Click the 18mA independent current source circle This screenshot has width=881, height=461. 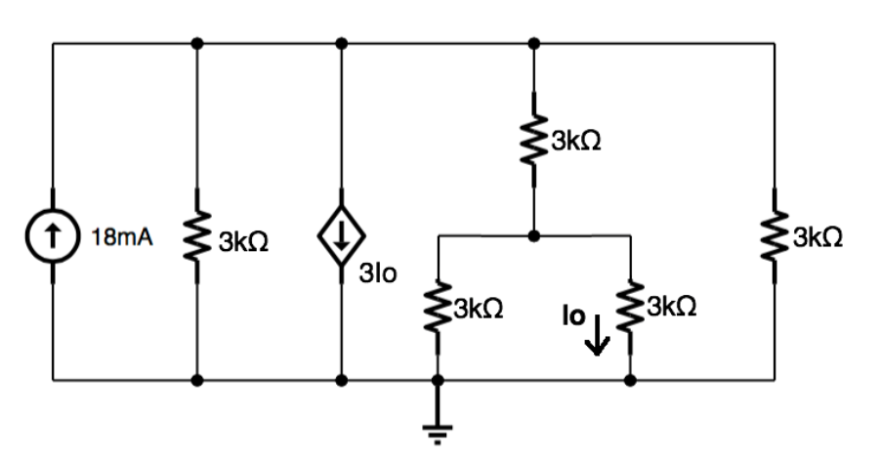click(54, 237)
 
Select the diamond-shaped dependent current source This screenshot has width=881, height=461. click(341, 237)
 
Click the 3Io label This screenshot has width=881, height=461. click(379, 274)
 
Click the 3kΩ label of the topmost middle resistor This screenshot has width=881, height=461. click(576, 142)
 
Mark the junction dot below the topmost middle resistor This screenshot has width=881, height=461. click(533, 235)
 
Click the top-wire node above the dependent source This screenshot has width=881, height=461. click(341, 43)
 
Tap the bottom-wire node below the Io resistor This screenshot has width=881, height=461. click(630, 379)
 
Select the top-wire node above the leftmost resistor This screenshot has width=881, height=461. click(198, 43)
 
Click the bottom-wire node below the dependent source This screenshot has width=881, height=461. click(341, 379)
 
